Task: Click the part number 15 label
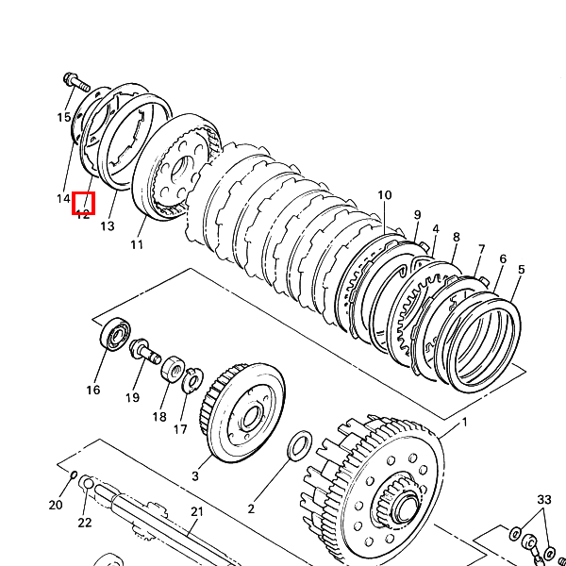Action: pyautogui.click(x=63, y=118)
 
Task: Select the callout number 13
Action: pyautogui.click(x=107, y=226)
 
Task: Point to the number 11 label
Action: pyautogui.click(x=137, y=245)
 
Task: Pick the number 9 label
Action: pyautogui.click(x=417, y=215)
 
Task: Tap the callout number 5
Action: pyautogui.click(x=521, y=270)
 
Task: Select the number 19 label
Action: pyautogui.click(x=133, y=397)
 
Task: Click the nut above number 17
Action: pyautogui.click(x=192, y=379)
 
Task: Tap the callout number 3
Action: pyautogui.click(x=195, y=476)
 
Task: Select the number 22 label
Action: pyautogui.click(x=85, y=523)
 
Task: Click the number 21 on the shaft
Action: pyautogui.click(x=196, y=512)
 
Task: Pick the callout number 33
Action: pyautogui.click(x=543, y=499)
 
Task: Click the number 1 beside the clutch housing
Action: pyautogui.click(x=464, y=424)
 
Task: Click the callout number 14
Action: pyautogui.click(x=63, y=199)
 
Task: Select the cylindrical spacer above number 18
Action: pyautogui.click(x=173, y=369)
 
